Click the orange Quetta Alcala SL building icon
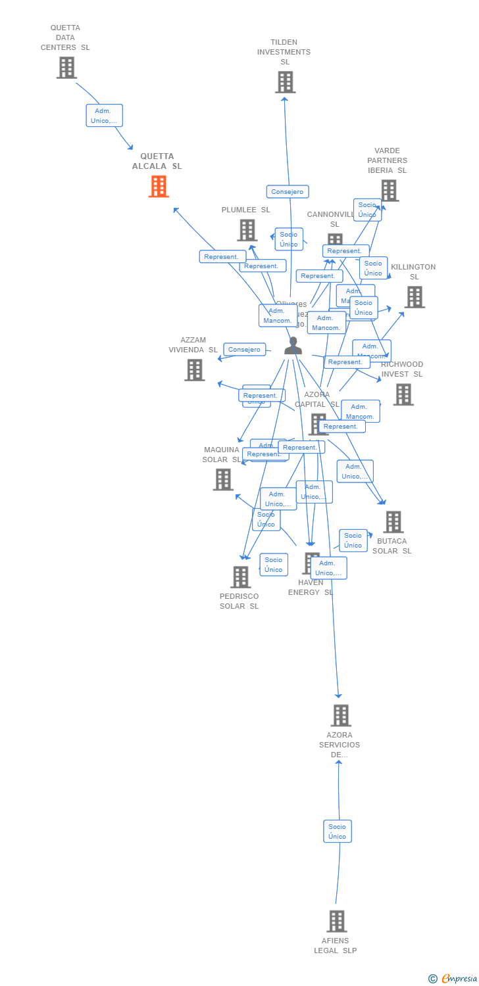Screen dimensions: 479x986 (158, 187)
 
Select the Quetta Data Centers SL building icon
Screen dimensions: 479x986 (66, 68)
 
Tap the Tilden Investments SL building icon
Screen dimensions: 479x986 (285, 82)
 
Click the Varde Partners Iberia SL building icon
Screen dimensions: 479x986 (389, 191)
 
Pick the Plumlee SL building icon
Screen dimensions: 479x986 (247, 230)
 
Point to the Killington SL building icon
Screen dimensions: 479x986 (414, 297)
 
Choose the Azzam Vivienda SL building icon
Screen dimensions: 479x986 (194, 370)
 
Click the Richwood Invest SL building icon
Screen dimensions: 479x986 (403, 394)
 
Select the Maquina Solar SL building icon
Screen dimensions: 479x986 (223, 480)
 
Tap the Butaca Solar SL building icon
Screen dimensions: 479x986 (393, 522)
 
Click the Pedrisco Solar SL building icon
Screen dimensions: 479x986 (240, 577)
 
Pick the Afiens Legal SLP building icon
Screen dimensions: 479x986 (336, 922)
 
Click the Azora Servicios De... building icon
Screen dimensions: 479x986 (340, 715)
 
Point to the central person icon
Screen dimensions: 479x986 (293, 346)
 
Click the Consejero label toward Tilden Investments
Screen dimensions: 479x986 (288, 192)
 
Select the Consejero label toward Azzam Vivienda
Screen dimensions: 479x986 (245, 350)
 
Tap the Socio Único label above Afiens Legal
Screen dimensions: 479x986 (337, 832)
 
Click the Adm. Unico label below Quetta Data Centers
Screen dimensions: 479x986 (104, 116)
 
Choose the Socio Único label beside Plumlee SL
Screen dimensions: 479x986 (288, 239)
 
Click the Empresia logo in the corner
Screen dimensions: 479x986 (453, 979)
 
